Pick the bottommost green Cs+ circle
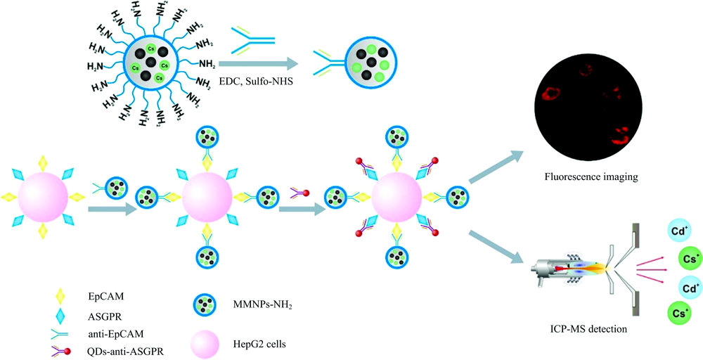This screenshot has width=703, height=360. coord(681,314)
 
